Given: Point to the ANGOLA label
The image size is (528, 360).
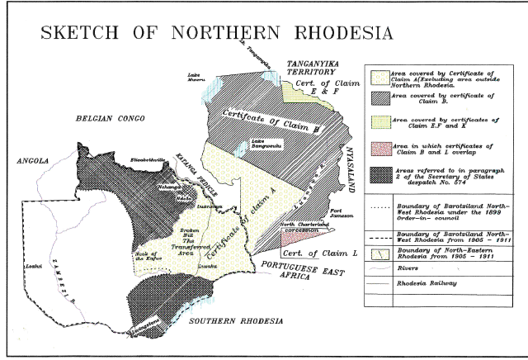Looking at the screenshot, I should pyautogui.click(x=34, y=162).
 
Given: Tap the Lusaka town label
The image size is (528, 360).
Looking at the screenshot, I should pyautogui.click(x=205, y=267).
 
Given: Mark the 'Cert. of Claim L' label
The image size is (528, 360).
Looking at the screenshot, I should pyautogui.click(x=317, y=253).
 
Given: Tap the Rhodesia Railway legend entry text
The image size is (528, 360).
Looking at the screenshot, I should pyautogui.click(x=428, y=282).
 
